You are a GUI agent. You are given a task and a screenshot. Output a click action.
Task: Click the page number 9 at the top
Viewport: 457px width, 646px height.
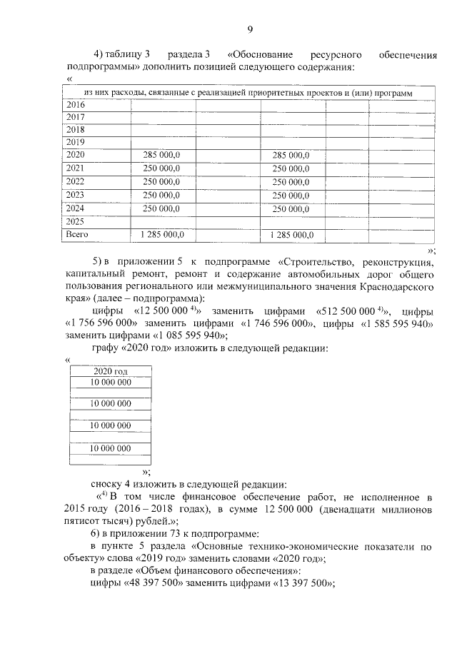(x=250, y=29)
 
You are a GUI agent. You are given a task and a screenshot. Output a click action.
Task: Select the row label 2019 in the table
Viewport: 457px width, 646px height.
(x=75, y=142)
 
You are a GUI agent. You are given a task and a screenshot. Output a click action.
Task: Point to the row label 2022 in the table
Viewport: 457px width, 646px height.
(x=75, y=181)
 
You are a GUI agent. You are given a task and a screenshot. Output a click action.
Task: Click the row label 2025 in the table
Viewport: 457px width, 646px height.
(x=75, y=221)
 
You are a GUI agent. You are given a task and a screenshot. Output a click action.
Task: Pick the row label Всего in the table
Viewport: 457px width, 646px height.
(x=77, y=234)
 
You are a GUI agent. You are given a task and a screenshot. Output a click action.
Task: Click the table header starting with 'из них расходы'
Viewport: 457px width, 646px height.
(x=248, y=92)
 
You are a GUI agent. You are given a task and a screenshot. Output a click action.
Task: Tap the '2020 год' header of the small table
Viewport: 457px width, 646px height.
(x=111, y=370)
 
